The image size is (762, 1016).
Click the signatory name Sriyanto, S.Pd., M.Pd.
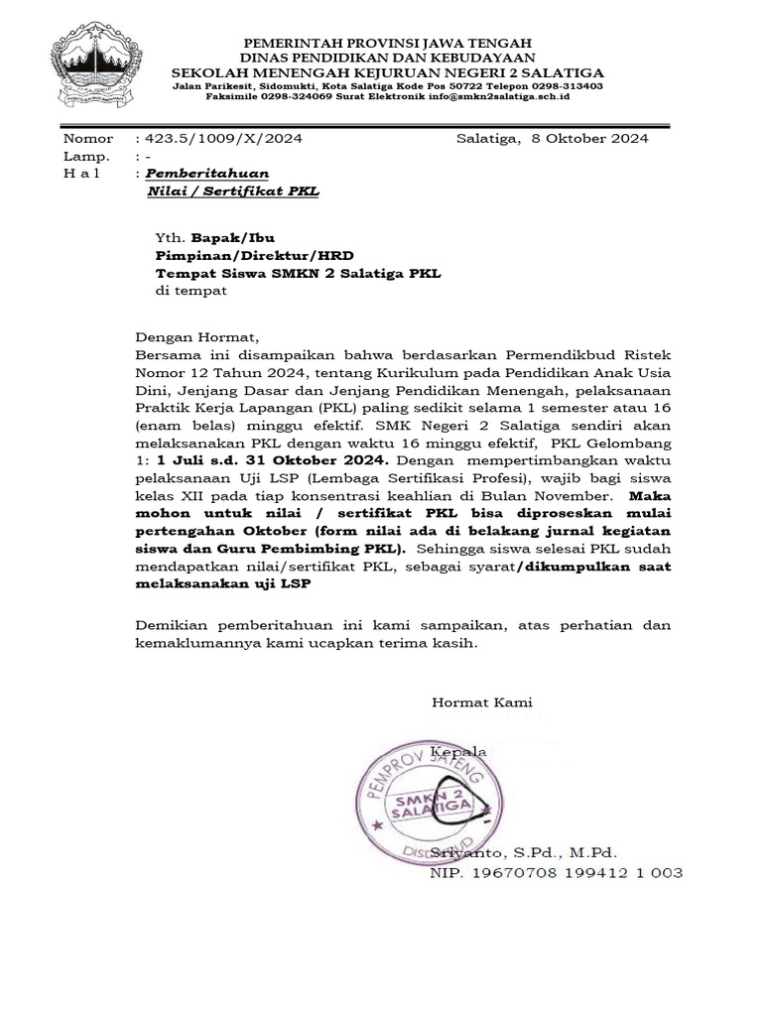[x=537, y=852]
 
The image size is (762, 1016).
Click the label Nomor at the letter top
[x=88, y=138]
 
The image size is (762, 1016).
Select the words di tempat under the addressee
[x=192, y=292]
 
